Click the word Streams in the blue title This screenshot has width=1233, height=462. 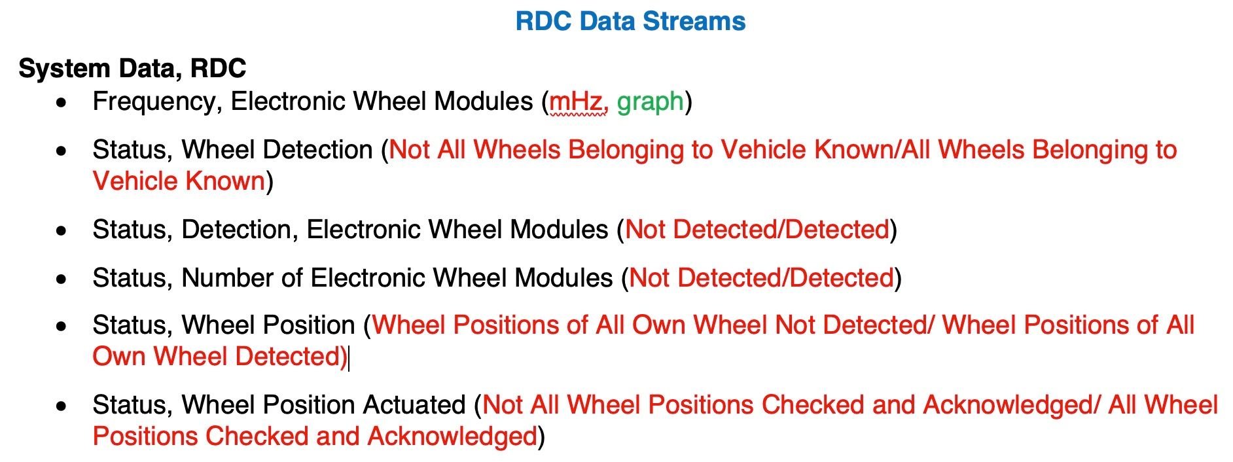694,21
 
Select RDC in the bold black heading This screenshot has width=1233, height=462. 218,68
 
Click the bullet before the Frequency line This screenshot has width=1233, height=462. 62,103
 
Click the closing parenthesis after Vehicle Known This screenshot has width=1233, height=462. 269,181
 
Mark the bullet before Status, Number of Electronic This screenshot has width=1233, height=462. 62,279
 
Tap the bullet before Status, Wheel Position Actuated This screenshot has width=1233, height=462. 62,406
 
